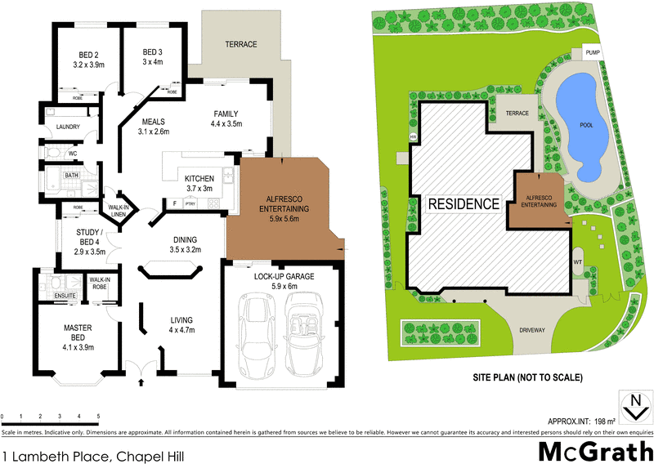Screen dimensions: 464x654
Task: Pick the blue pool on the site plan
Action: click(582, 123)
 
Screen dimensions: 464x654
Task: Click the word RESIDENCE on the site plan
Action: click(464, 203)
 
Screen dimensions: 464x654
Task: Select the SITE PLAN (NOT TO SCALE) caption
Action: click(526, 377)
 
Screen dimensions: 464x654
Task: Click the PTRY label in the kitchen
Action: click(189, 203)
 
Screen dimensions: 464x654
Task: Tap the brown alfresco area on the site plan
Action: click(540, 200)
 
